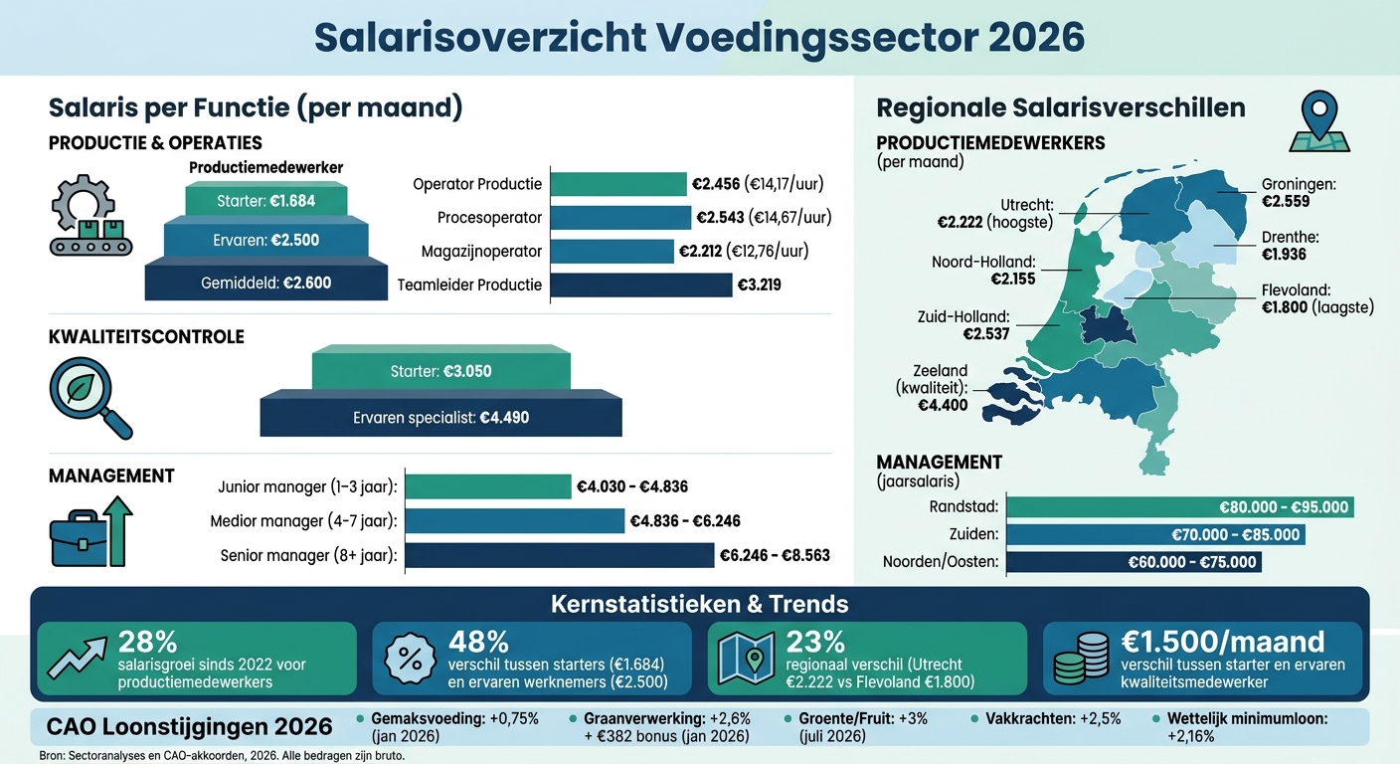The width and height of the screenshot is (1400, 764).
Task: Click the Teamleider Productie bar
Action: coord(640,285)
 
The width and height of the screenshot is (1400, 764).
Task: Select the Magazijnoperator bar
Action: coord(611,251)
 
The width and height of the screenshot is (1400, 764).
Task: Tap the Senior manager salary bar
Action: coord(560,555)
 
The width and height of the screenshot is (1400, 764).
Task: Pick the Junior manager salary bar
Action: coord(488,486)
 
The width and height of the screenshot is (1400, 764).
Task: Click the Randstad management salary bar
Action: coord(1180,507)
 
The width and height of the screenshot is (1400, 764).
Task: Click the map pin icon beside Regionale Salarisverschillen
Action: coord(1318,121)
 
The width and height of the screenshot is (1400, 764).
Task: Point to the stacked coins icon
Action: coord(1079,658)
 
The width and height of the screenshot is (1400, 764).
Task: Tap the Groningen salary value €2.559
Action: coord(1286,201)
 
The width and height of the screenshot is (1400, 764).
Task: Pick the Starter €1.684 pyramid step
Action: coord(265,201)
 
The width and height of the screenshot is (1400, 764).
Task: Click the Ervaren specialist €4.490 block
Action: coord(440,418)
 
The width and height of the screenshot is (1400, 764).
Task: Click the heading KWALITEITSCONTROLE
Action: coord(146,337)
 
